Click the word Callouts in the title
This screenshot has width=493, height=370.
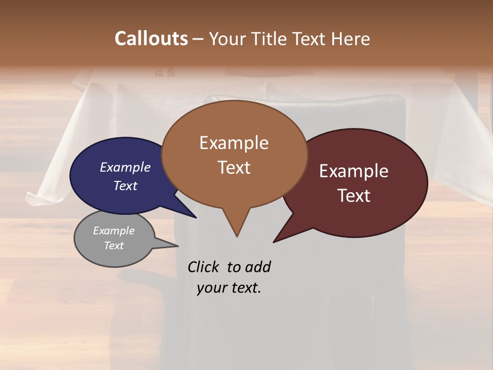point(151,39)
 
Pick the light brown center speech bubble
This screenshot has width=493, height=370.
point(234,154)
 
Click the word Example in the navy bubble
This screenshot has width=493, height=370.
point(125,167)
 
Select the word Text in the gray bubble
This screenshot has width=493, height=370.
point(114,246)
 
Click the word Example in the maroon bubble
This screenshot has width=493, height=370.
point(354,171)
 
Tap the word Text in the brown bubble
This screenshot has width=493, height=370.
point(234,168)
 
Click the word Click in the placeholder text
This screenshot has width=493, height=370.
point(203,267)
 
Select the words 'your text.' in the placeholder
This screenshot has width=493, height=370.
point(229,288)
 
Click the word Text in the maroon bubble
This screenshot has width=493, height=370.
point(354,195)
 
